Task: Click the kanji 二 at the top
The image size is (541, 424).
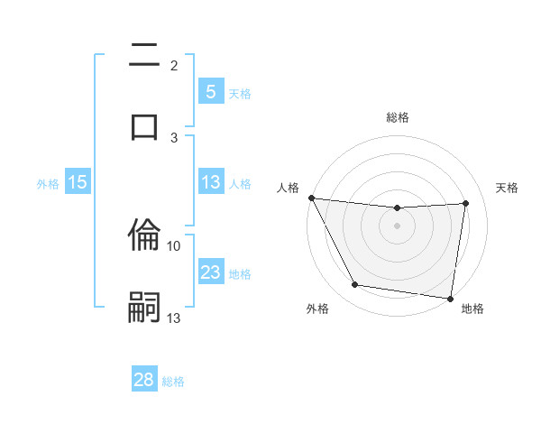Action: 144,56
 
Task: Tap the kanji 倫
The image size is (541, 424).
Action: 144,236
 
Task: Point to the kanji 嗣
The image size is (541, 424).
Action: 144,306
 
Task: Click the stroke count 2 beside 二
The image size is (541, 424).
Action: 174,66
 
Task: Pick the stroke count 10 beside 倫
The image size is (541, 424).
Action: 174,245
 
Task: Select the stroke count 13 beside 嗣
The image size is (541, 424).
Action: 174,318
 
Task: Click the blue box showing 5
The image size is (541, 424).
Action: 211,91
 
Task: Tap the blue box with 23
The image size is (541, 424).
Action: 211,272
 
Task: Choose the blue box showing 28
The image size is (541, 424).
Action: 144,380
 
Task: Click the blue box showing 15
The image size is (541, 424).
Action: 78,182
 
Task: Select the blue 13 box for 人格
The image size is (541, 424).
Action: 211,182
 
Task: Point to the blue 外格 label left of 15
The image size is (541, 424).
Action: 48,183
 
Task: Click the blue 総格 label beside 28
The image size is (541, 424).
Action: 173,381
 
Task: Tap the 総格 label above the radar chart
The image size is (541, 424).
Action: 398,117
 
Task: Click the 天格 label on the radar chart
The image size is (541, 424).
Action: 508,188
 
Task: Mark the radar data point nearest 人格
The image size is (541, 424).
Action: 312,198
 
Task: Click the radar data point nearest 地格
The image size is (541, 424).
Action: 450,298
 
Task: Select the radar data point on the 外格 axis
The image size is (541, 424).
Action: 354,286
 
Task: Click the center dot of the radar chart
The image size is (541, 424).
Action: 398,226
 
